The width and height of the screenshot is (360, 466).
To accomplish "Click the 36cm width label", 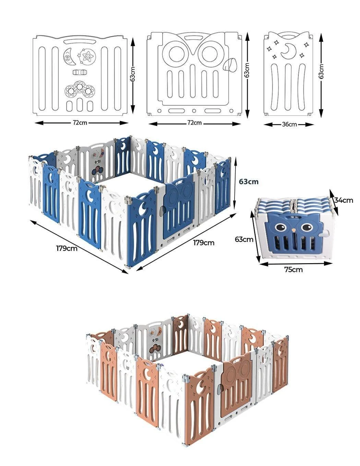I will click(289, 124).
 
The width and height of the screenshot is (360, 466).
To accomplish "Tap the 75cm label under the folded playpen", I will click(293, 269).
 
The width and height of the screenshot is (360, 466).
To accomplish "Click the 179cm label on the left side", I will click(67, 248).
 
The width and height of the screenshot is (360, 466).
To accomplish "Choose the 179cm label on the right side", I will click(204, 243).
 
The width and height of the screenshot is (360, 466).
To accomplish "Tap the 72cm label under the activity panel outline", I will click(80, 123).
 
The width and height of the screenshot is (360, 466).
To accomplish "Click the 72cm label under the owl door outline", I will click(194, 123).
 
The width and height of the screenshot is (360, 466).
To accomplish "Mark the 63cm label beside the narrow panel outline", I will click(321, 72).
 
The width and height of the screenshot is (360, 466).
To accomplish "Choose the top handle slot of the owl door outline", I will click(194, 38).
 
